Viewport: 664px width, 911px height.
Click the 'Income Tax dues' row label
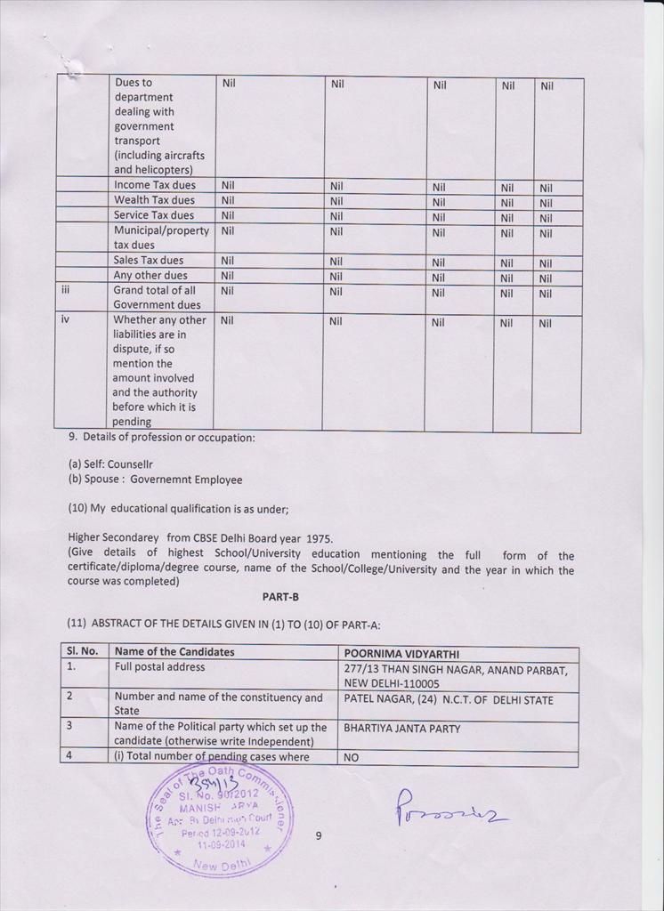154,185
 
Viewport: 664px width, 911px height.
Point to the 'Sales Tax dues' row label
148,261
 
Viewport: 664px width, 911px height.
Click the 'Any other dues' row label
150,276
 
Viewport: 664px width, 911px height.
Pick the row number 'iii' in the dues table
65,290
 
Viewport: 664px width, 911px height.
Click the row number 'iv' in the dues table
64,319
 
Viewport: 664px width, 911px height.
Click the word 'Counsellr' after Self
130,464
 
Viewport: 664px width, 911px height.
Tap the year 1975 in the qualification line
320,538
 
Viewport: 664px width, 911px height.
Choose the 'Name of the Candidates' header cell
174,652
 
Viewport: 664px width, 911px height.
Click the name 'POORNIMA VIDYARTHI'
401,654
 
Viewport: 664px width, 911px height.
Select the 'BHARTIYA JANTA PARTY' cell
402,729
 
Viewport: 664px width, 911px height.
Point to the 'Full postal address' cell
159,667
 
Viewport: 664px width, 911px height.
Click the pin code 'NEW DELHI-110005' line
392,683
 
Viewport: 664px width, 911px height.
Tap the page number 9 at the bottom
318,835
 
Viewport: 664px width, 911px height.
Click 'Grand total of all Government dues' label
157,297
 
